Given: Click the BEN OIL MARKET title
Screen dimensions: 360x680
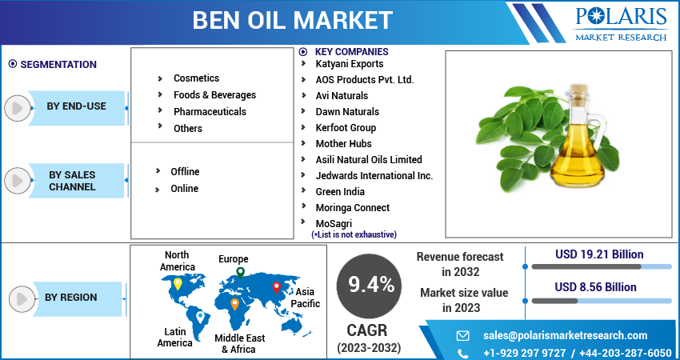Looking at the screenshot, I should click(x=292, y=20).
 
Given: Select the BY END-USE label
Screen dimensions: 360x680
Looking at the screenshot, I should click(x=76, y=106).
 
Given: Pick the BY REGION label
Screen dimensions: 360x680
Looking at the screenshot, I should click(x=70, y=298).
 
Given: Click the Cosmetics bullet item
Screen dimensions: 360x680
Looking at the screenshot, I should click(x=196, y=78).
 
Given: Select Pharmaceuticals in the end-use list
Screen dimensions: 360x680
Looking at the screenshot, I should click(x=210, y=112).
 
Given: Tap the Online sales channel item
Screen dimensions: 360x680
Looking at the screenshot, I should click(x=184, y=189).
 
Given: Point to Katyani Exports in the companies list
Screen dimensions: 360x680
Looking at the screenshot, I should click(x=349, y=64).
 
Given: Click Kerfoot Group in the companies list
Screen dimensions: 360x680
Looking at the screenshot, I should click(x=346, y=128).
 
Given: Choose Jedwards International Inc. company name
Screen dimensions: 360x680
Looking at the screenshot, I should click(x=374, y=176).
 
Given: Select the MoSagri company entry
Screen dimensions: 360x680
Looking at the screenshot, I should click(x=334, y=224).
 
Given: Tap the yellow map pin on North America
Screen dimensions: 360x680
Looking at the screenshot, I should click(x=178, y=284).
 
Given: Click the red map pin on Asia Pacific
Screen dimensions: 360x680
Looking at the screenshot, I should click(x=277, y=286).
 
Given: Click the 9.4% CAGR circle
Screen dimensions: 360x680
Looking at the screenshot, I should click(x=370, y=284).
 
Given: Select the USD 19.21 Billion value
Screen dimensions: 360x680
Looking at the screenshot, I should click(x=599, y=255).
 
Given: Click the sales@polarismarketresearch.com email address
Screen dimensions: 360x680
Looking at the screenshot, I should click(x=565, y=336).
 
